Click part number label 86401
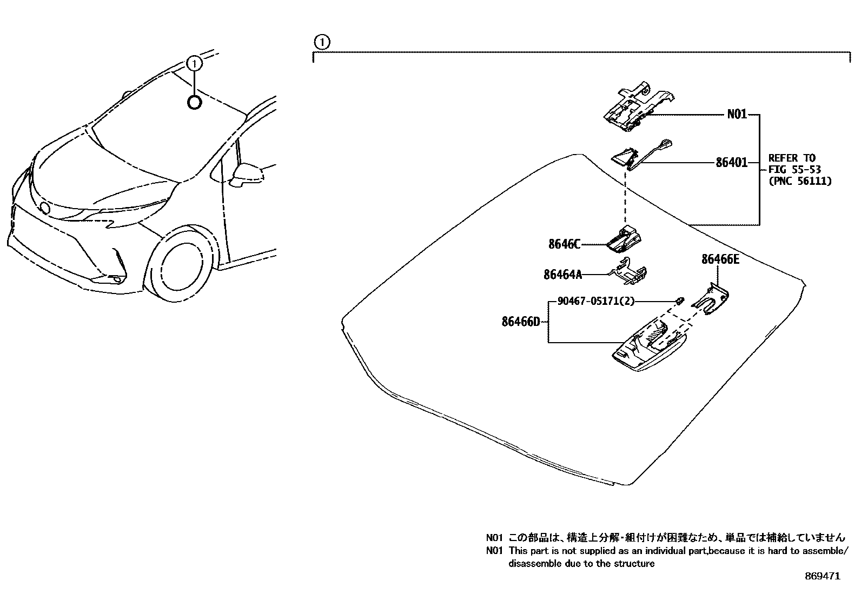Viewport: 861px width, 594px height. (731, 162)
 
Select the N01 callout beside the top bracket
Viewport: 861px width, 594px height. (737, 115)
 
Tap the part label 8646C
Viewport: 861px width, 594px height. (564, 244)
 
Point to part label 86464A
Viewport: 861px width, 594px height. (562, 275)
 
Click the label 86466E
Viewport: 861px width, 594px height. (720, 259)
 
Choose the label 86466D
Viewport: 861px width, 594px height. (521, 322)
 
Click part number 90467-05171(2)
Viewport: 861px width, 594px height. (591, 301)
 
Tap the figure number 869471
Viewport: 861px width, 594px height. (822, 576)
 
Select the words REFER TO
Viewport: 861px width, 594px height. (791, 158)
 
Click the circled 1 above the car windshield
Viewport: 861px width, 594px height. (194, 64)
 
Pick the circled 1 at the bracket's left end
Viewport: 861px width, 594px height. (321, 42)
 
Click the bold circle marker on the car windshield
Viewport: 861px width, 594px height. (194, 102)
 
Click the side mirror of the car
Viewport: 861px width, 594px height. (247, 174)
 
